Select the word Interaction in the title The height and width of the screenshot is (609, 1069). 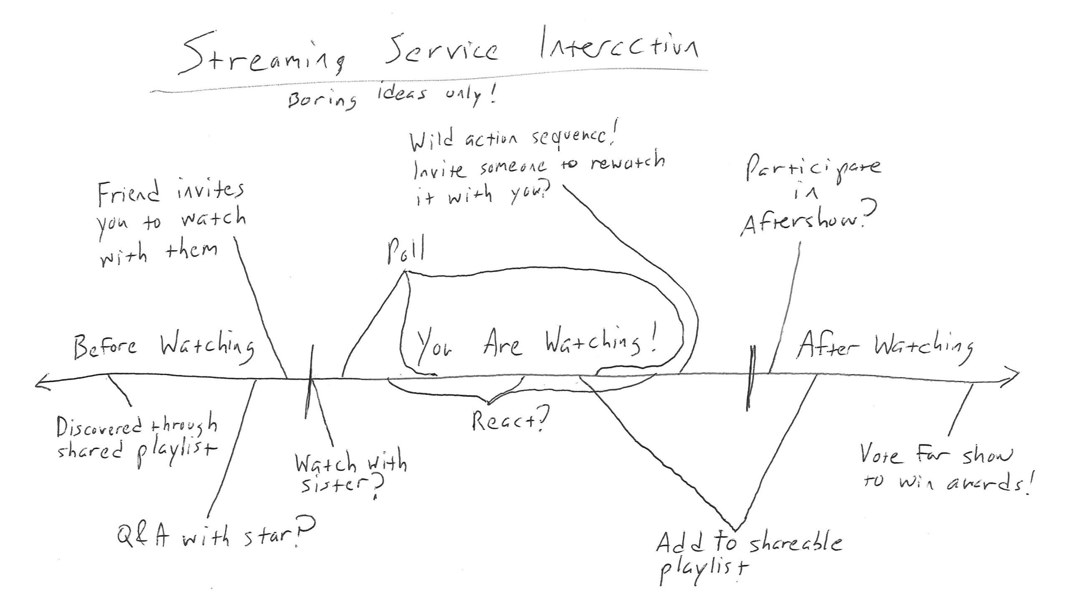(x=619, y=48)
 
